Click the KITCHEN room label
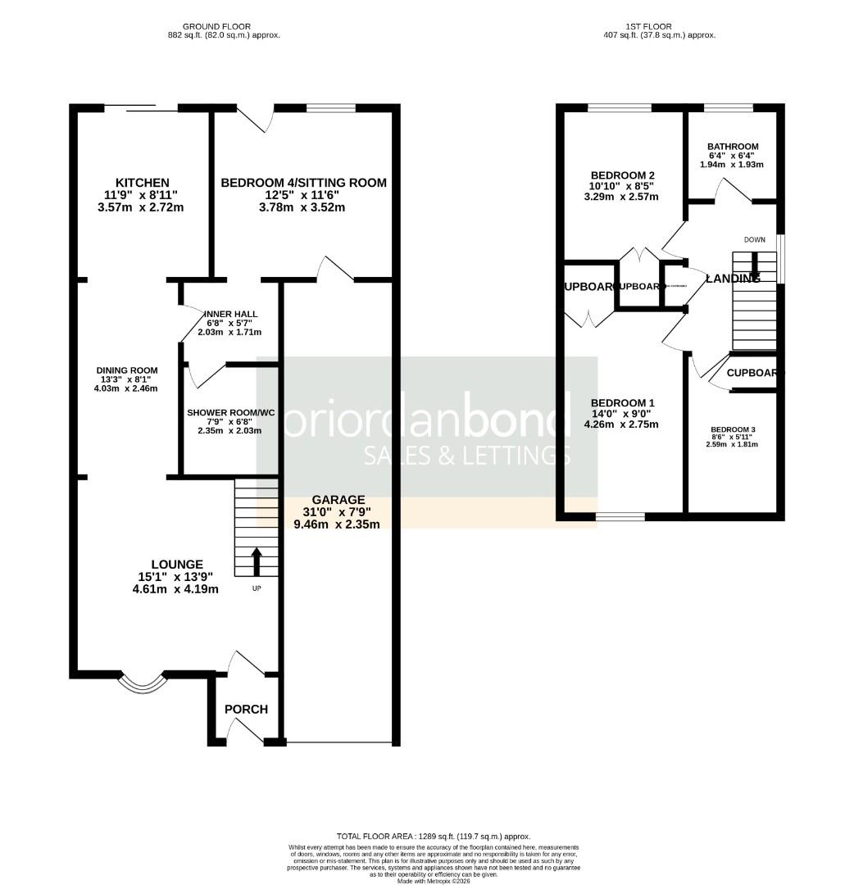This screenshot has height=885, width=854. coord(142,183)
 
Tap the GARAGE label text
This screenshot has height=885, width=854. coord(338,499)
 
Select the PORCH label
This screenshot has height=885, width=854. coord(246,709)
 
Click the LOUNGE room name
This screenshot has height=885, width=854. coord(176,564)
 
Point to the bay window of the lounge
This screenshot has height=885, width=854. coord(143,682)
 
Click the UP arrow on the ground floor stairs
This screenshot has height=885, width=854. coord(256,562)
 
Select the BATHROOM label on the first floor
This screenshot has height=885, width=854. coord(733,147)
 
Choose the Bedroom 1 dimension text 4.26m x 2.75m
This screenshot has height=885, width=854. coord(621,424)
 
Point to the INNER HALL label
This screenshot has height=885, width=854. coord(229,314)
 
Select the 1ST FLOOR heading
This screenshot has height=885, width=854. coord(659,26)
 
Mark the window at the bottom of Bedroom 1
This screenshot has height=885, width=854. coord(620,517)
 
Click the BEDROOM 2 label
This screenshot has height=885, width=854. coord(623,175)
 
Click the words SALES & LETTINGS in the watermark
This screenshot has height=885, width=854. coord(466,456)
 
